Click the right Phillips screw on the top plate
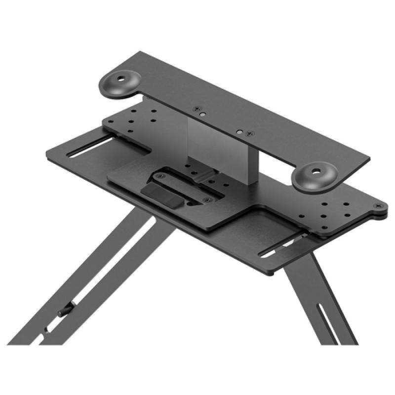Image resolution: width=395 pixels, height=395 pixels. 251,133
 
